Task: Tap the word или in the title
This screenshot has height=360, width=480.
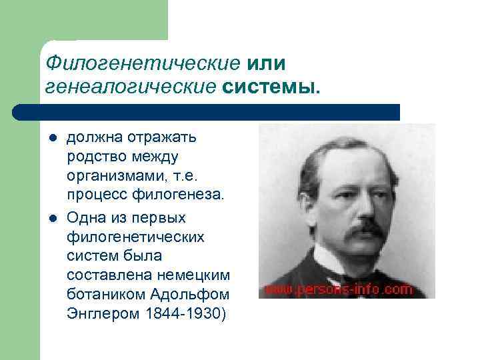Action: click(267, 63)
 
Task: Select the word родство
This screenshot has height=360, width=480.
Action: click(94, 157)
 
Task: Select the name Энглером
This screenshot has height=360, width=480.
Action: click(101, 314)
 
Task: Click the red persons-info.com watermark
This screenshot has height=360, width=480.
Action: click(339, 290)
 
